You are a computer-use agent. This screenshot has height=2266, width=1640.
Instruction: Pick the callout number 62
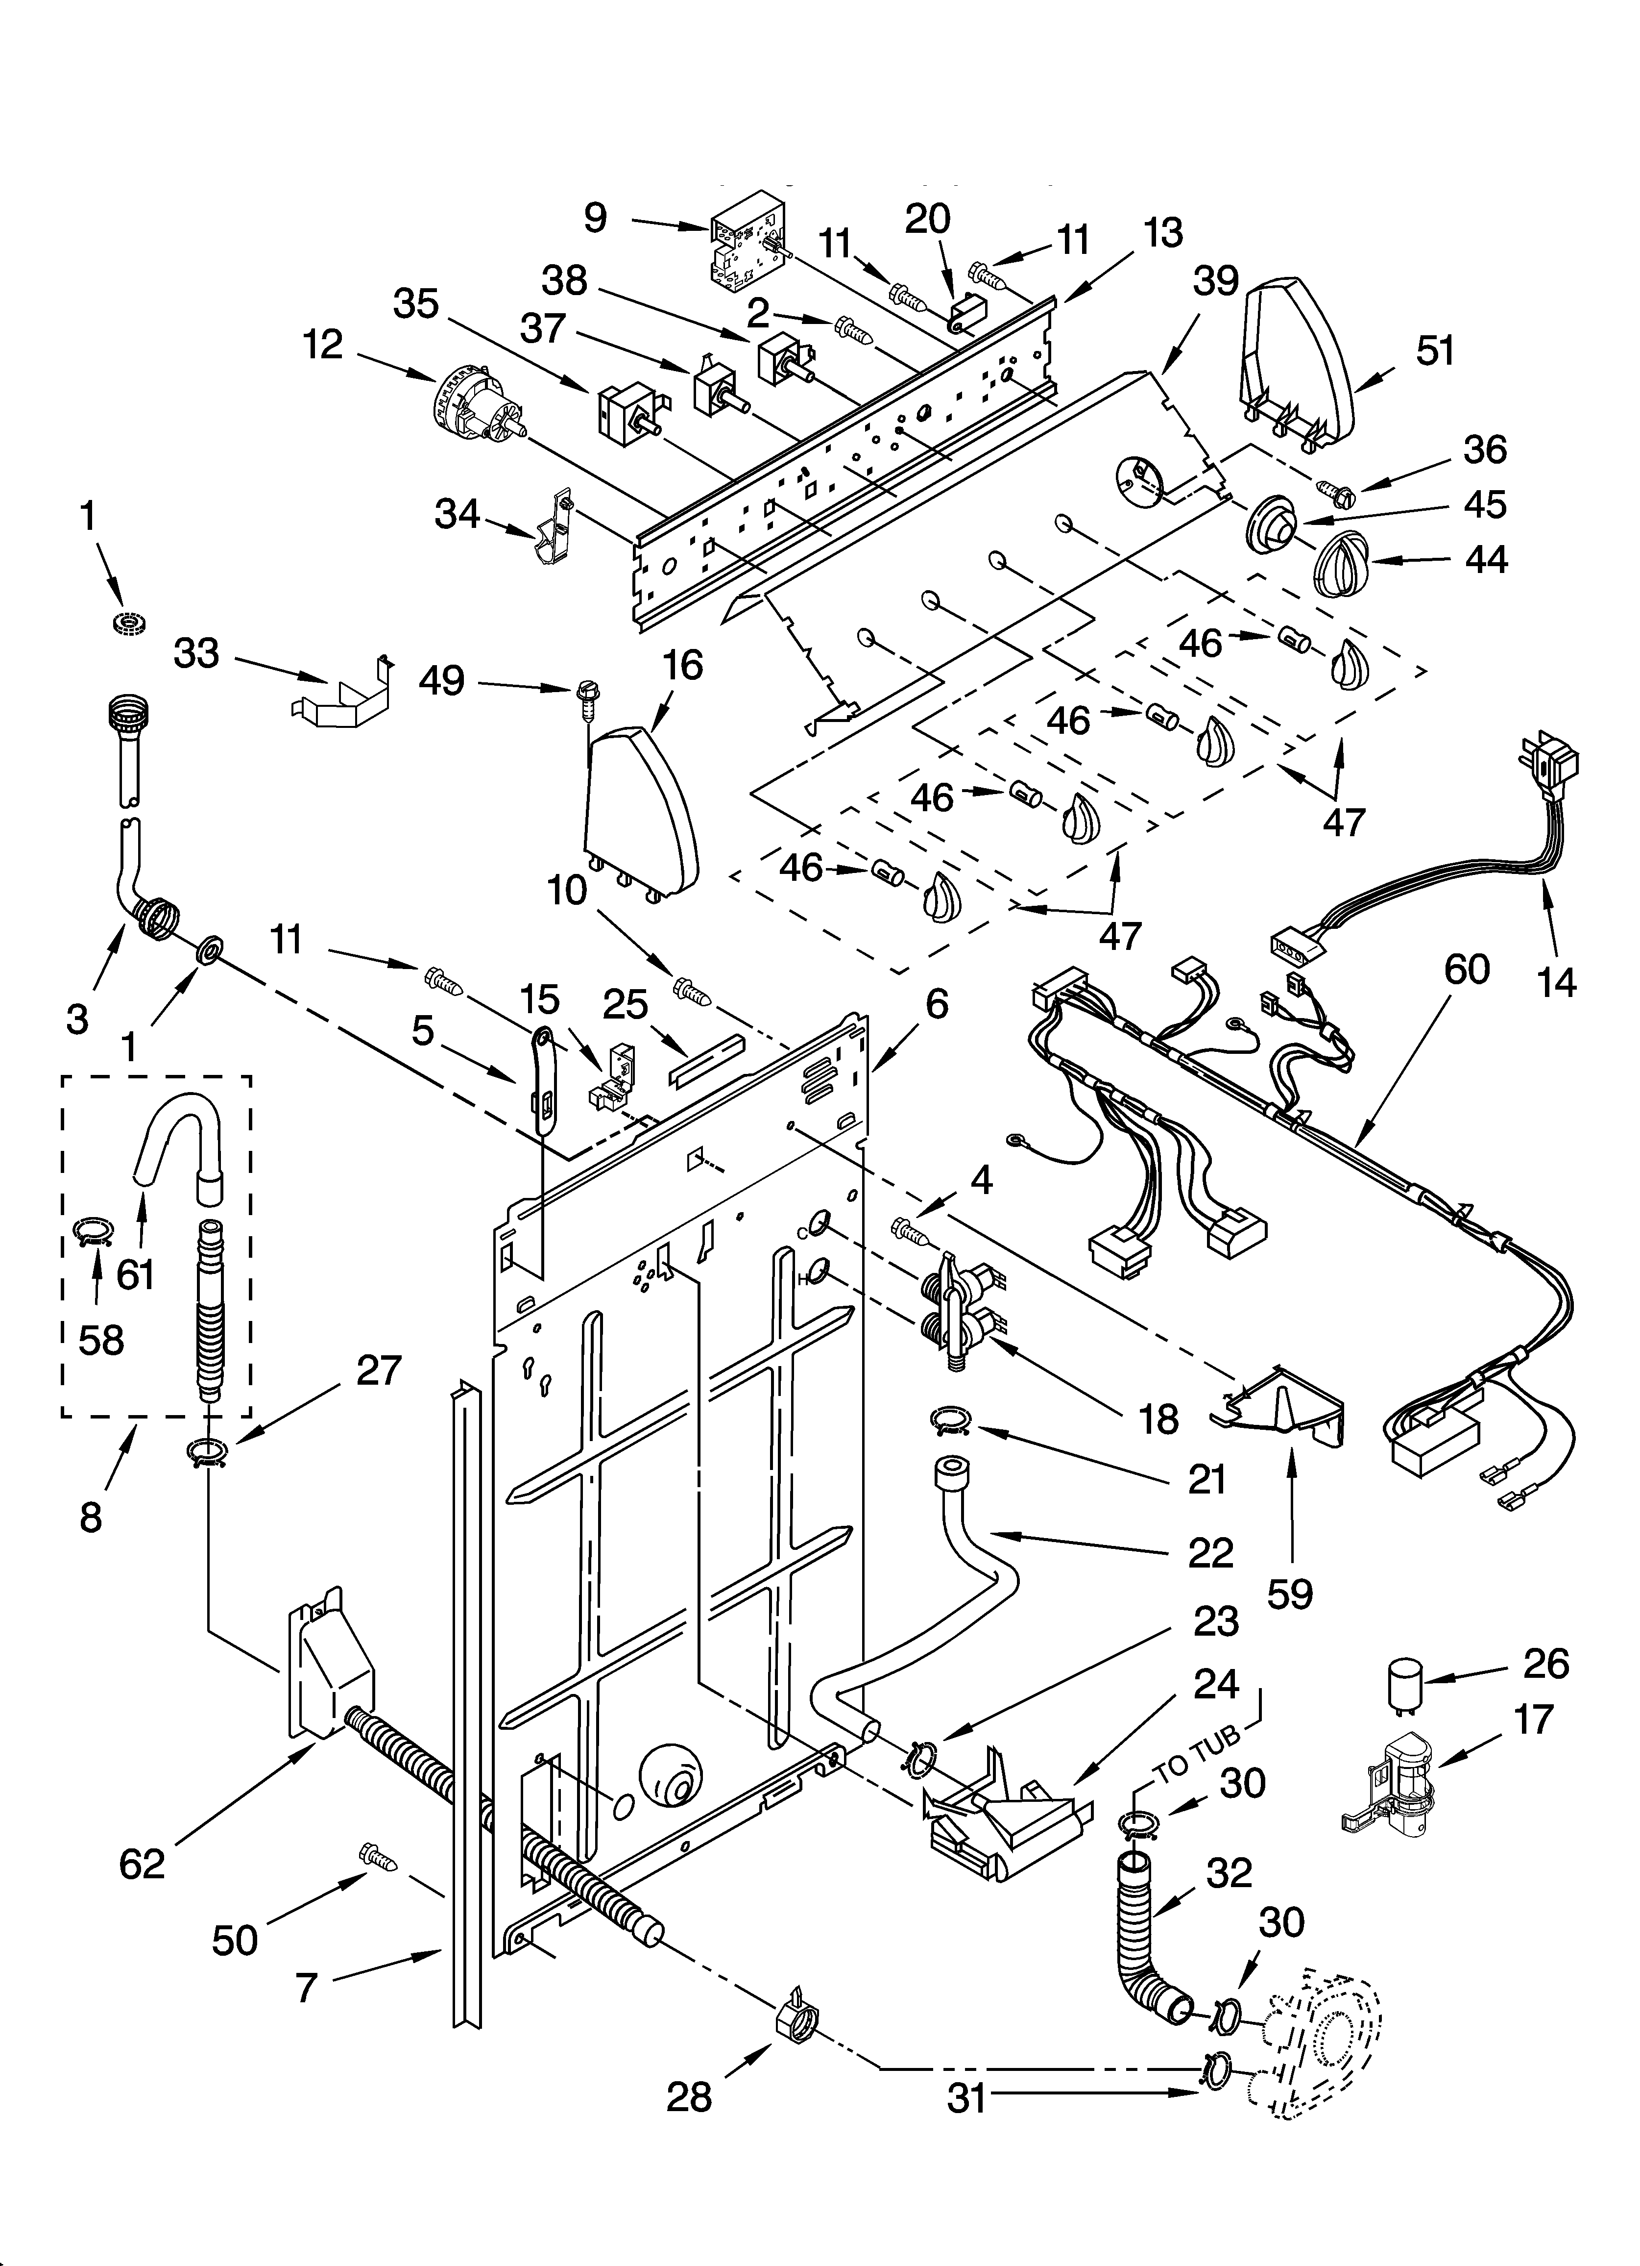(x=141, y=1864)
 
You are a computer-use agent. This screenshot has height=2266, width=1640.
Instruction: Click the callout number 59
(x=1289, y=1594)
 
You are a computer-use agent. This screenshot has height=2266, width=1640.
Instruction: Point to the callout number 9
(x=595, y=217)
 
